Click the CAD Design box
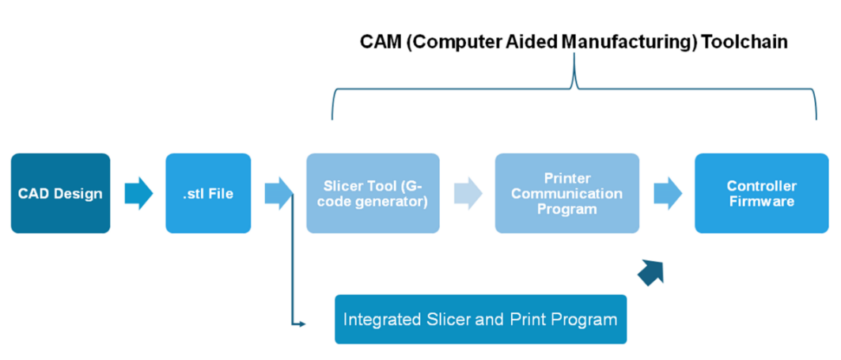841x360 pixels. (61, 193)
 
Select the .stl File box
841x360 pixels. (208, 193)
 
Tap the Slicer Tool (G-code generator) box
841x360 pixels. (373, 193)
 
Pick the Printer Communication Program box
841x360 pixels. (567, 193)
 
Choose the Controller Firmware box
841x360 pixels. (762, 193)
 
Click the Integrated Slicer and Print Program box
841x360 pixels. (480, 319)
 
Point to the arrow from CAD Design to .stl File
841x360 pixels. (138, 193)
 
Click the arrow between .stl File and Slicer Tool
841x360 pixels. (279, 193)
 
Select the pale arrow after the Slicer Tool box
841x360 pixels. (468, 193)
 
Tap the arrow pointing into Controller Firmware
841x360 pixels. (668, 193)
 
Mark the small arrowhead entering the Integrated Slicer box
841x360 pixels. (302, 324)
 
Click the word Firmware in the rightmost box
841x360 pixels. (762, 202)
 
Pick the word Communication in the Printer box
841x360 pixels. (567, 193)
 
